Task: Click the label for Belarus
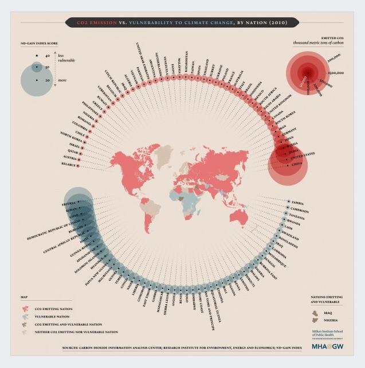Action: [x=68, y=165]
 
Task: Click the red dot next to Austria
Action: [x=80, y=158]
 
